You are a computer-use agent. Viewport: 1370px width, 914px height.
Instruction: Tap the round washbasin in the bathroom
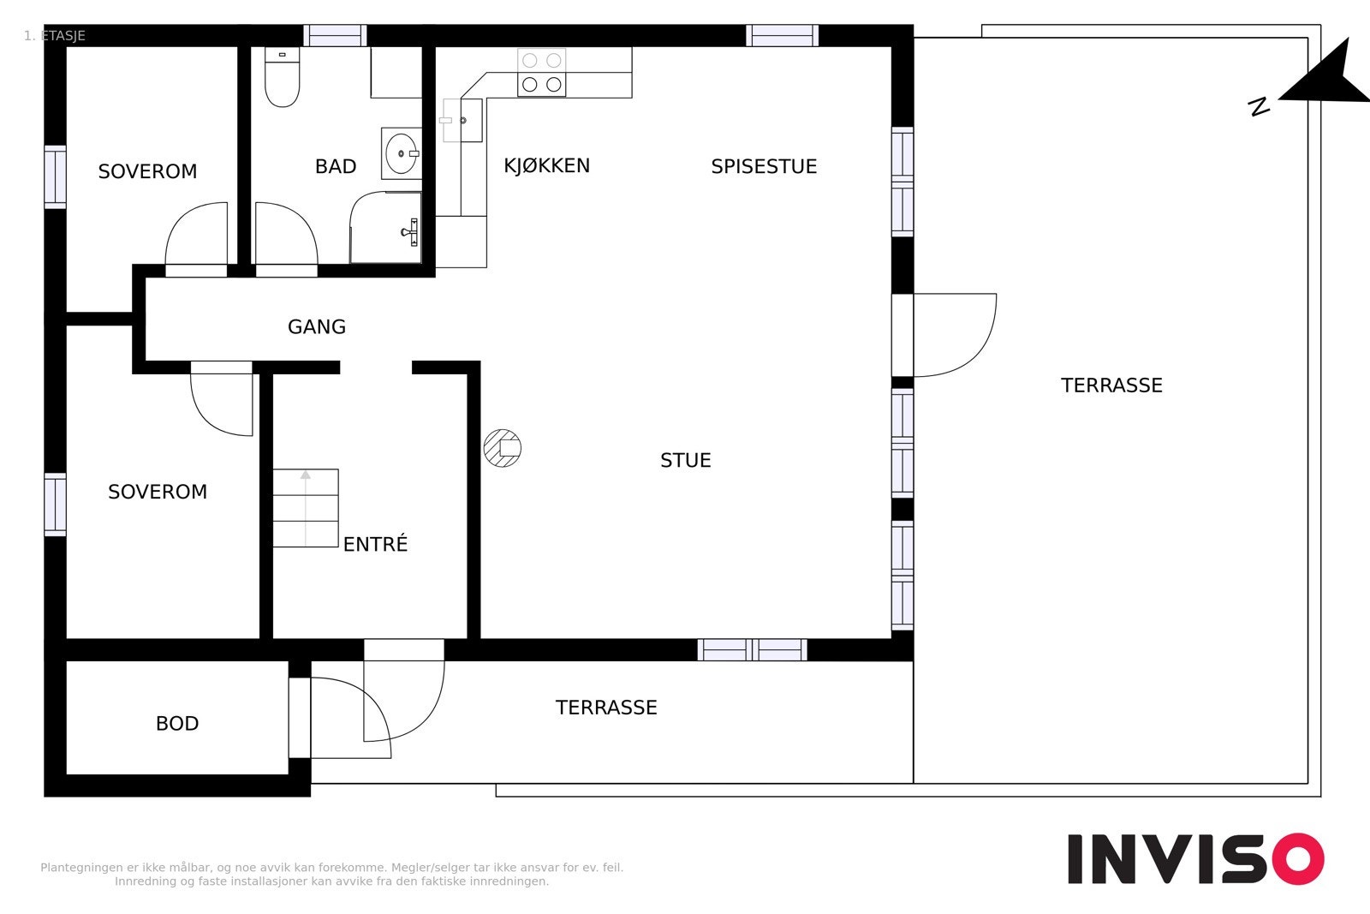pos(402,153)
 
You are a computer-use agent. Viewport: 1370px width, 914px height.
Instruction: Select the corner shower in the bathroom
pos(386,228)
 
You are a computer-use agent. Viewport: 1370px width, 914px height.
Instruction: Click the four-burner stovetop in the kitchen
pos(542,73)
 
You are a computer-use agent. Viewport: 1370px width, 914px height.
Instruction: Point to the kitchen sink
pos(462,121)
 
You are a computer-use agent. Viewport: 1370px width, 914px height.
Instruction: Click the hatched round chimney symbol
pos(502,448)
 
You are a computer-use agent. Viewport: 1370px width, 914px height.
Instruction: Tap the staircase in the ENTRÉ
pos(305,508)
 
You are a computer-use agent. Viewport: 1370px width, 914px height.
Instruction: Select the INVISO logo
pos(1195,858)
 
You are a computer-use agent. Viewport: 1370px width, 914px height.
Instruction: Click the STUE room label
pos(686,460)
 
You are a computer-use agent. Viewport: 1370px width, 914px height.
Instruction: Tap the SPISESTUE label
pos(764,166)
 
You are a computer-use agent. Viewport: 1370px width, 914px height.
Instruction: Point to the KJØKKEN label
pos(547,166)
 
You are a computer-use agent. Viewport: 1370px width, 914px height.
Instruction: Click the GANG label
pos(317,326)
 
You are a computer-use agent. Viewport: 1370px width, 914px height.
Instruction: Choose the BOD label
pos(177,724)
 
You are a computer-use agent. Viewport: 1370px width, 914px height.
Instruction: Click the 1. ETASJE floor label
pos(55,35)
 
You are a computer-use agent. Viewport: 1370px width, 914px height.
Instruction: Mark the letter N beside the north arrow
pos(1259,107)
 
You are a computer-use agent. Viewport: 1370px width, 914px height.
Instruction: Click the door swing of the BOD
pos(351,718)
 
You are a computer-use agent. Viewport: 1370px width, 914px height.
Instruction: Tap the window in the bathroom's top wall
pos(335,35)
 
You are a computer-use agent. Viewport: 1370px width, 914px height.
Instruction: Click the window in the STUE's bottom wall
pos(753,649)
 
